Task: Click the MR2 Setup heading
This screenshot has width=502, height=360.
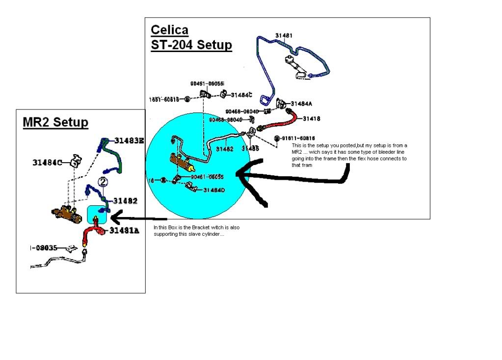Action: pyautogui.click(x=55, y=122)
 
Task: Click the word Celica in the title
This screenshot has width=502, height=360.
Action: pyautogui.click(x=169, y=30)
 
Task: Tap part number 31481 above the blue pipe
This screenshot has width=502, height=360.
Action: pyautogui.click(x=284, y=35)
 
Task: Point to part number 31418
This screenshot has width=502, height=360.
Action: pyautogui.click(x=312, y=119)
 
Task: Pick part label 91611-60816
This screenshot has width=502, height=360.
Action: pyautogui.click(x=297, y=138)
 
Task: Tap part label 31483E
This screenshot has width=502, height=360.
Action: pyautogui.click(x=130, y=140)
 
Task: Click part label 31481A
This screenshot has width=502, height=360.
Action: pyautogui.click(x=124, y=230)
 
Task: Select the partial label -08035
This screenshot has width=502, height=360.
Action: pyautogui.click(x=46, y=249)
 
